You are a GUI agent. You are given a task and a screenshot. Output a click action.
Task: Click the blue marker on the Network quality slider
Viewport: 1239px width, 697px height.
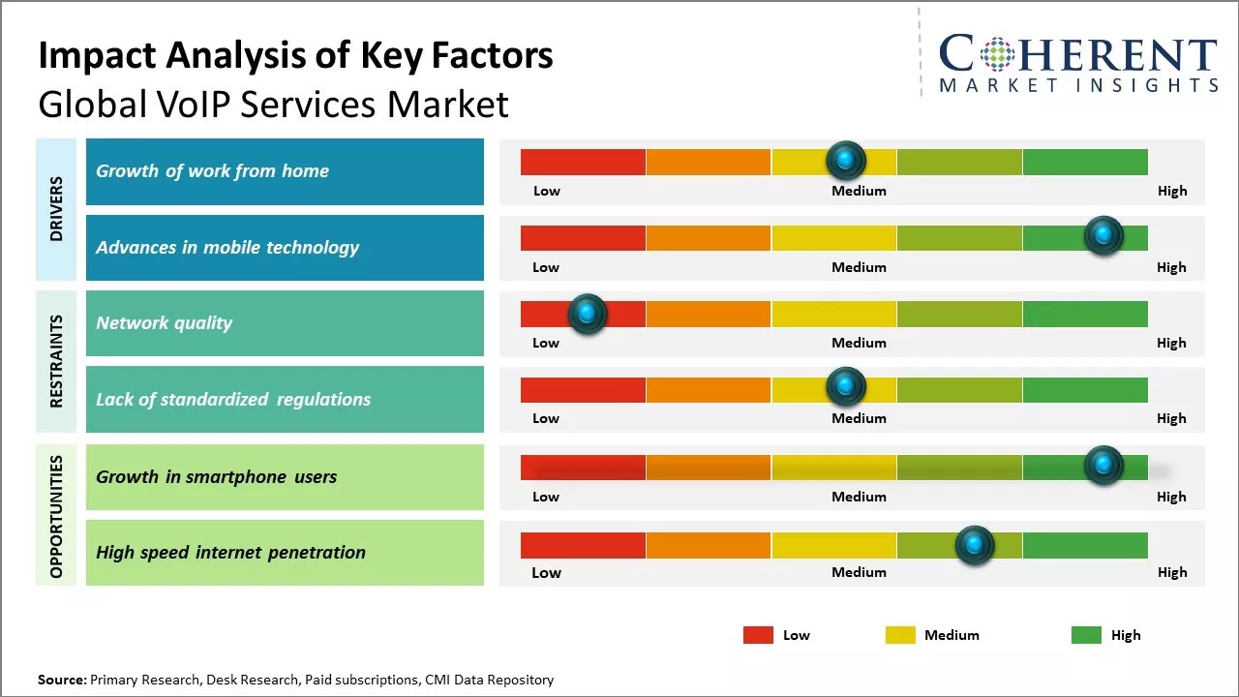click(587, 314)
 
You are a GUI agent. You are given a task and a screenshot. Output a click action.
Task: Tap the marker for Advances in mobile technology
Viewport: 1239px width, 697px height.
click(1103, 235)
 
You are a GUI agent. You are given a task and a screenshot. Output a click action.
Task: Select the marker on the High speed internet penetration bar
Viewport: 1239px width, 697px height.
click(974, 545)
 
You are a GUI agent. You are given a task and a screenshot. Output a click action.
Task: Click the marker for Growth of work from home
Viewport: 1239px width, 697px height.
click(845, 160)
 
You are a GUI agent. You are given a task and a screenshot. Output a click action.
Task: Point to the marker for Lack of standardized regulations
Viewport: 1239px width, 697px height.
click(845, 387)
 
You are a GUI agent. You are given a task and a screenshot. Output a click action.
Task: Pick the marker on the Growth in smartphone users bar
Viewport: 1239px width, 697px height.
click(1103, 466)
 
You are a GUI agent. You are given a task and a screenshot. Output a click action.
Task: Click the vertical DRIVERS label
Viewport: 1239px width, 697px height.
click(56, 209)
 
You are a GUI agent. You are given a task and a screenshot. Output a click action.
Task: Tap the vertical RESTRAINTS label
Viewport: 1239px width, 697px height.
click(56, 361)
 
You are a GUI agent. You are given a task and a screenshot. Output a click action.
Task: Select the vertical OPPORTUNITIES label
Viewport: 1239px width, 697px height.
click(56, 516)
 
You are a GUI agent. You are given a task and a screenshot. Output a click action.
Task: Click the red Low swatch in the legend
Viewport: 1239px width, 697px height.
click(758, 635)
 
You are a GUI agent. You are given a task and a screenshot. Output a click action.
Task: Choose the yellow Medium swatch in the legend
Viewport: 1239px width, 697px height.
click(900, 635)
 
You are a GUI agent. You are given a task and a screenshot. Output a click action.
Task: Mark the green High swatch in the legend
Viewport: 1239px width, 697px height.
click(1086, 635)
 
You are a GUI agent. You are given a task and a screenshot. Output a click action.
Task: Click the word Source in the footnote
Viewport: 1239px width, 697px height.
click(61, 680)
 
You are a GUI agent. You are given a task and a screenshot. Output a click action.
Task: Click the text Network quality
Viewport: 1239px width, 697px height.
click(164, 323)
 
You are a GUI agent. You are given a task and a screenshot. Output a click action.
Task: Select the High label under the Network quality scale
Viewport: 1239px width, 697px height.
click(1171, 343)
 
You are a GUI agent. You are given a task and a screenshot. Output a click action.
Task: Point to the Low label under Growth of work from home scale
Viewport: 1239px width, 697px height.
click(547, 191)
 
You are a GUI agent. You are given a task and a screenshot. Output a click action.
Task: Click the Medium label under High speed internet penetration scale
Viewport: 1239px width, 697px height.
click(859, 572)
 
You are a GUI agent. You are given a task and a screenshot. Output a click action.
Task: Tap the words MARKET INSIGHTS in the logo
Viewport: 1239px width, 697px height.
click(1078, 85)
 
